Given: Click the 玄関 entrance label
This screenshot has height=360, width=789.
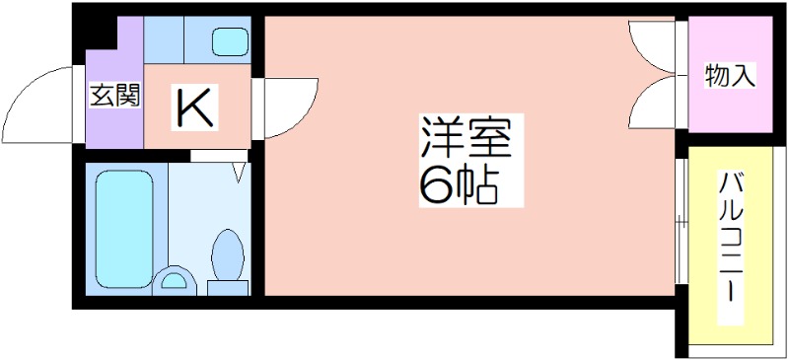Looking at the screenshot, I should tap(115, 96).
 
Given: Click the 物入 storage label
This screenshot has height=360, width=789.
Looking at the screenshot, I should tap(730, 76).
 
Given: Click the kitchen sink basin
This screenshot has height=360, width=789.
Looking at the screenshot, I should tap(229, 42).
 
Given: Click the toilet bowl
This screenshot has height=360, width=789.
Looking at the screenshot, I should tap(228, 254).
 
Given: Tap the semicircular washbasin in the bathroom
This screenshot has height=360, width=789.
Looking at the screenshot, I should tap(176, 281).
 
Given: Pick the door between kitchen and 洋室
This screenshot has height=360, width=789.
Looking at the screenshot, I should tap(286, 102).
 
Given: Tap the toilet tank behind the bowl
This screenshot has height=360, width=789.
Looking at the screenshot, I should tap(228, 287).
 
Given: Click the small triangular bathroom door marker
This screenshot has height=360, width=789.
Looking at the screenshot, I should tap(239, 172).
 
